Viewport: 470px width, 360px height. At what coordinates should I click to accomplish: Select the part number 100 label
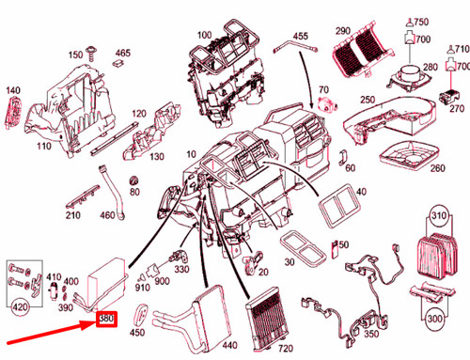(x=203, y=36)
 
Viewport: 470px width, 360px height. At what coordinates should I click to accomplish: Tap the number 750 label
(x=419, y=22)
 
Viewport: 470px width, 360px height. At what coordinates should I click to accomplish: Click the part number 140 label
(x=12, y=91)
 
